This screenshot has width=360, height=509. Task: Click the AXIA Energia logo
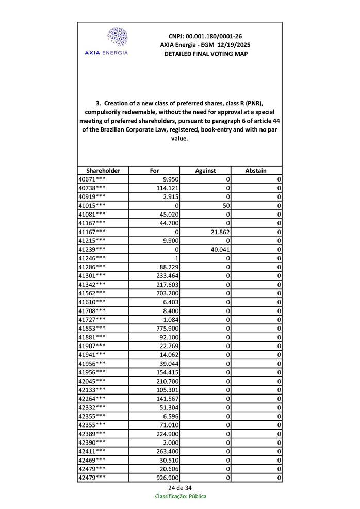(x=117, y=41)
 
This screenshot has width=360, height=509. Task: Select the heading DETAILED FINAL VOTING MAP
(x=205, y=54)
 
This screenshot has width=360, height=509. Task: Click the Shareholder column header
(x=103, y=170)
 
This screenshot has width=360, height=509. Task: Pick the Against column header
(x=205, y=170)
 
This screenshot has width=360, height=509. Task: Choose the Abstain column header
(x=256, y=170)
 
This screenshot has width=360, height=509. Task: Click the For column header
(x=154, y=170)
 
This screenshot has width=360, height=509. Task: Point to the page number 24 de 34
(x=180, y=487)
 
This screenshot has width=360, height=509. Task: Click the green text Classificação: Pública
(x=181, y=496)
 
